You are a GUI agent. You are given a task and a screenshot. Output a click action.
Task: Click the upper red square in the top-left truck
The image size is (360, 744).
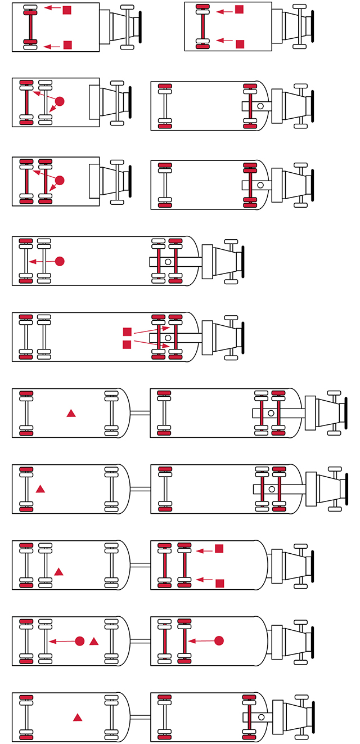coord(67,10)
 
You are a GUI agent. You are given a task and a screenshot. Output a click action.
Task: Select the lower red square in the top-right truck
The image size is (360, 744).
coord(240,43)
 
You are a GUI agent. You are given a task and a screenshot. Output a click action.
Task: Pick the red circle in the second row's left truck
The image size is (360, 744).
coord(60,101)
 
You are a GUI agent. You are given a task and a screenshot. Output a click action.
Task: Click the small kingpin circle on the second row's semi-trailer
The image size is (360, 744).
coord(260,106)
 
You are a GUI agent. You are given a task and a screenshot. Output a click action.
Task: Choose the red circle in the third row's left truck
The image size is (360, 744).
coord(60,180)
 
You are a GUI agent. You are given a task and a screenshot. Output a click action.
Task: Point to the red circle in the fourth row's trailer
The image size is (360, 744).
coord(60,261)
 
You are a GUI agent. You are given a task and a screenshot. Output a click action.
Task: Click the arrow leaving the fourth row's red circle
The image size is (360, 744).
coord(42,261)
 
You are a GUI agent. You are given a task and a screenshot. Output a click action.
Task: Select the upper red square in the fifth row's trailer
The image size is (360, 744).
coord(127,332)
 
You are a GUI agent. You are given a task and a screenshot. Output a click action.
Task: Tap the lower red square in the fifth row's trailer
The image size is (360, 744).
coord(127,344)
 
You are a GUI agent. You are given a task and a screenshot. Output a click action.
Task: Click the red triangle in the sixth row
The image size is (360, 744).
coord(71,414)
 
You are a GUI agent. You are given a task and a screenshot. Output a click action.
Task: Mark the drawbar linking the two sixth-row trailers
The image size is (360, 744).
coord(140,413)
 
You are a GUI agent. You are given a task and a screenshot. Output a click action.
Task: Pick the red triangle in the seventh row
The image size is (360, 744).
coord(40,489)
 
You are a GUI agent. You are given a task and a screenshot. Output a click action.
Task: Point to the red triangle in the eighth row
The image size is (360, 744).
coord(58,572)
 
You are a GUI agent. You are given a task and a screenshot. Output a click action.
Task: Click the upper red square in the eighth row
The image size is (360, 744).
coord(219,548)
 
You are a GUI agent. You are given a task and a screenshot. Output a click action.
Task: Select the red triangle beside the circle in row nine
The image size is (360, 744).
coord(94,641)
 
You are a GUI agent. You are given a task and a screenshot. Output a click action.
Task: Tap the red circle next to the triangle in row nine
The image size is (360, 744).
coord(80,641)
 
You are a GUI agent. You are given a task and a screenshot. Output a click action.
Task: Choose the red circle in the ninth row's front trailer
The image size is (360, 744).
coord(219,640)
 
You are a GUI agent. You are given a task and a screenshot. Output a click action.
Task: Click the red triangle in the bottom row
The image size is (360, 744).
coord(78,718)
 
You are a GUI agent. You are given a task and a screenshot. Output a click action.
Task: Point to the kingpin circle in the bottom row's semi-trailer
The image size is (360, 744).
coord(260,717)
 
